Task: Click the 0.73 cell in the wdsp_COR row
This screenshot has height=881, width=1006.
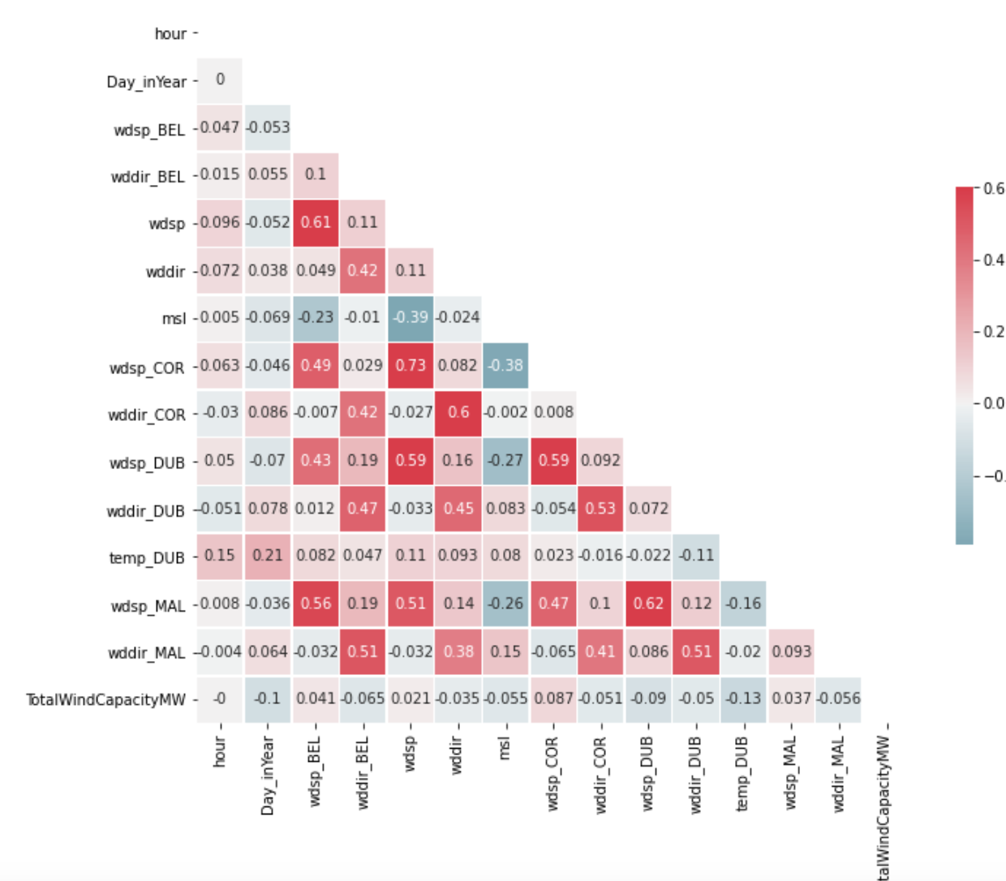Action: click(x=411, y=365)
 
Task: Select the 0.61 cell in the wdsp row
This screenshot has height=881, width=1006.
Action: click(x=316, y=222)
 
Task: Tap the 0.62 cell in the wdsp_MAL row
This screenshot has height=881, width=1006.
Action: click(x=648, y=604)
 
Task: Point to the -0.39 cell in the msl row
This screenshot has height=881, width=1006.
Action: click(x=411, y=317)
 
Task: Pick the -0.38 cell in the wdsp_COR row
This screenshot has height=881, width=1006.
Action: click(x=505, y=365)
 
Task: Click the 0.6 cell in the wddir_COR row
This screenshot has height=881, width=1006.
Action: click(x=458, y=413)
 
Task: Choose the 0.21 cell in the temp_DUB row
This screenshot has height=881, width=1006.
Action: click(x=268, y=556)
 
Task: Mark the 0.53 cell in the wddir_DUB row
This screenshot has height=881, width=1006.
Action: click(x=600, y=509)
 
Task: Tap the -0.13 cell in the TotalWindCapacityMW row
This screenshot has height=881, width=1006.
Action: click(x=743, y=698)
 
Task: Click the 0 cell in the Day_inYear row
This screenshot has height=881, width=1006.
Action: click(x=220, y=80)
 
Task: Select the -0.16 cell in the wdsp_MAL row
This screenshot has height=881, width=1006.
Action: click(x=743, y=604)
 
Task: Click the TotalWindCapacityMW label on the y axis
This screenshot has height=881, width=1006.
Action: click(x=105, y=699)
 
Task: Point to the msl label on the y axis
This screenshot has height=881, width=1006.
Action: click(x=174, y=319)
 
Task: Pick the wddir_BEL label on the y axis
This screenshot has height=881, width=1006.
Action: click(x=148, y=177)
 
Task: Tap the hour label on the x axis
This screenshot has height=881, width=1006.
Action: click(x=220, y=751)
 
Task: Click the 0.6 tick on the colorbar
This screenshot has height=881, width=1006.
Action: click(x=994, y=189)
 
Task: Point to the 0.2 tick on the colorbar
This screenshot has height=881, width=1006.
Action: click(x=994, y=332)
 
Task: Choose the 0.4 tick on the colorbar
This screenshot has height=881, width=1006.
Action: click(x=994, y=260)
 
